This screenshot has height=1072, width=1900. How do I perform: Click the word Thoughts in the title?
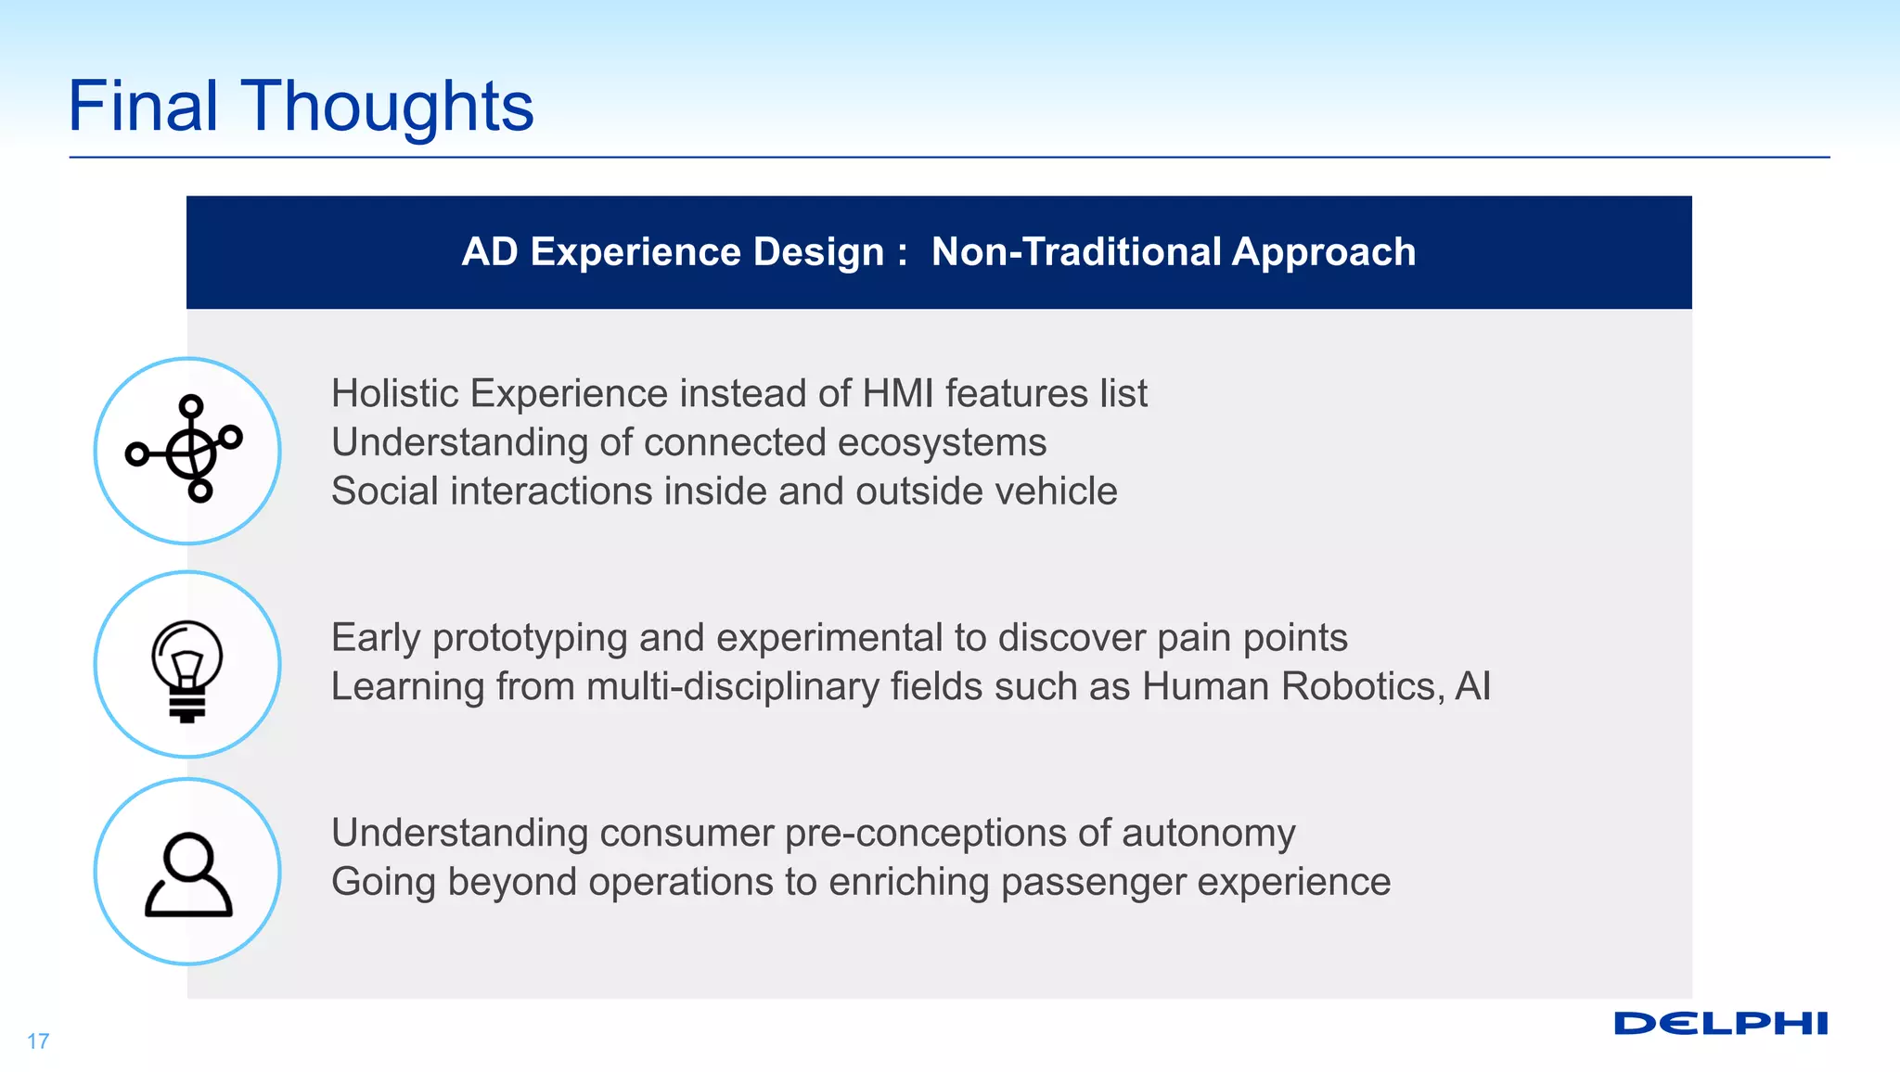(x=387, y=107)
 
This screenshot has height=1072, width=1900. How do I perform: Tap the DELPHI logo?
(x=1720, y=1024)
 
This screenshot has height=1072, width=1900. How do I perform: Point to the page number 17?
(x=38, y=1041)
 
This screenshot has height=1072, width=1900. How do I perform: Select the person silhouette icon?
(x=187, y=874)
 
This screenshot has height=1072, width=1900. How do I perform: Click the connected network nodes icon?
(x=186, y=450)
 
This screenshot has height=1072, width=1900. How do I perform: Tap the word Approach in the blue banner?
(x=1324, y=252)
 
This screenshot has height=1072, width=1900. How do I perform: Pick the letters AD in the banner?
(x=489, y=252)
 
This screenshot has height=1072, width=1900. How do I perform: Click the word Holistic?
(x=395, y=393)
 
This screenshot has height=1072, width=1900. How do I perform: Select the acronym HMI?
(x=897, y=393)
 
